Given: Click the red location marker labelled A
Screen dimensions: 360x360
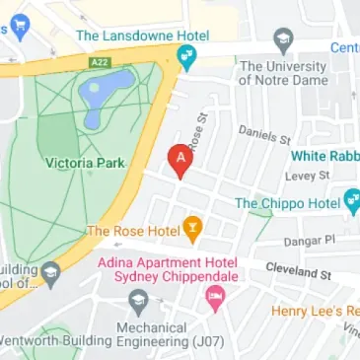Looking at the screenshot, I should (180, 160).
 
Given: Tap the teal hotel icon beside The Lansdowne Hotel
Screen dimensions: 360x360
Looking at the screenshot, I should (185, 54).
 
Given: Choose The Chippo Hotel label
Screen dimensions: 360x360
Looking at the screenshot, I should (286, 203).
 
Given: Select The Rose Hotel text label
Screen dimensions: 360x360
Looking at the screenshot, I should (133, 231).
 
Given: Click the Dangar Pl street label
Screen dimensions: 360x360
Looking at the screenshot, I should (311, 239).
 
